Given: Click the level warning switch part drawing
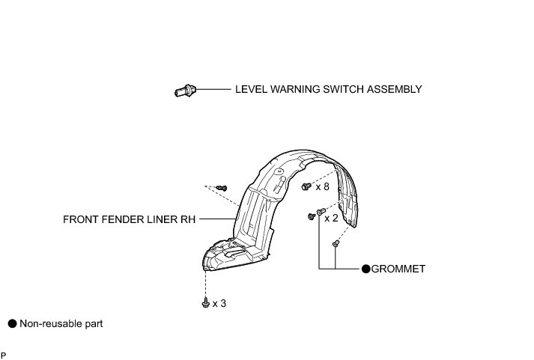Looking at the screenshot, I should pyautogui.click(x=183, y=91).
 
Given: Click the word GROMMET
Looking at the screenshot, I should pyautogui.click(x=398, y=269).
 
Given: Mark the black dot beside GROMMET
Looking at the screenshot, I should pyautogui.click(x=366, y=269).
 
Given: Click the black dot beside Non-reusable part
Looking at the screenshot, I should pyautogui.click(x=12, y=324).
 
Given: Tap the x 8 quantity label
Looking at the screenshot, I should pyautogui.click(x=322, y=186).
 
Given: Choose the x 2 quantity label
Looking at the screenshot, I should pyautogui.click(x=330, y=219).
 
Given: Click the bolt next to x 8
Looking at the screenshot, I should pyautogui.click(x=306, y=186).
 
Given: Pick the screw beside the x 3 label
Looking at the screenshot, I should pyautogui.click(x=205, y=302).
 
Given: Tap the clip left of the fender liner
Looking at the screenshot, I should pyautogui.click(x=221, y=187).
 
